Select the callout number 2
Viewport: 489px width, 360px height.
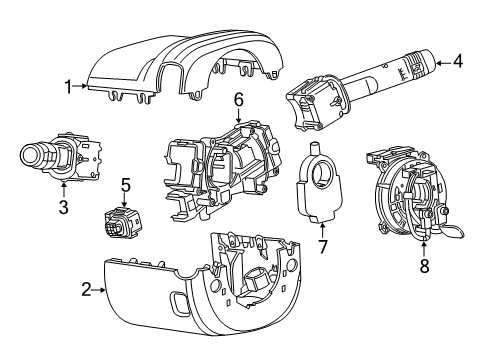87,290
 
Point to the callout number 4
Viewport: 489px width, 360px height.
457,61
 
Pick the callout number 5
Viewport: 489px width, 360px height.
126,184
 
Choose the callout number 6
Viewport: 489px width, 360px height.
239,100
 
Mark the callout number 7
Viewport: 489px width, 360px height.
321,245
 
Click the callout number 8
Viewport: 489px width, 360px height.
424,267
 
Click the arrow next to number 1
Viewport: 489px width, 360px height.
82,87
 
